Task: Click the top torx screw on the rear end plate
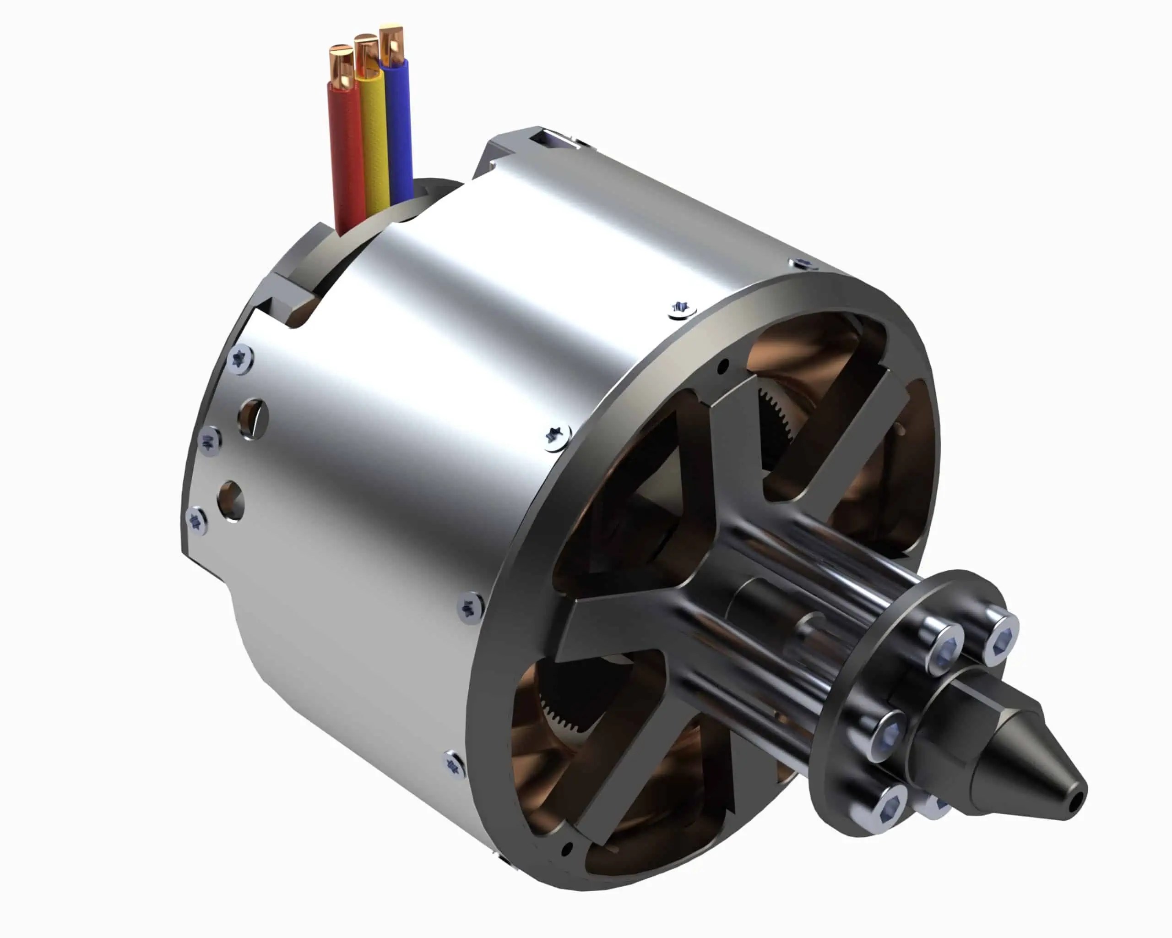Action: click(240, 359)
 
